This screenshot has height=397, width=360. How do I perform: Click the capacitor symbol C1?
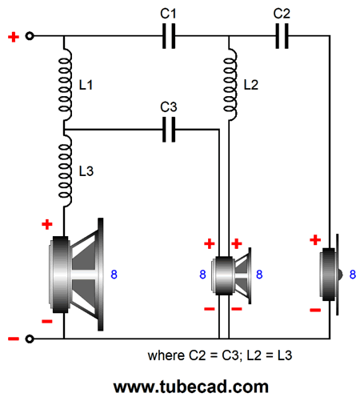[169, 36]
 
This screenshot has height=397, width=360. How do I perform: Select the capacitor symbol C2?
[282, 36]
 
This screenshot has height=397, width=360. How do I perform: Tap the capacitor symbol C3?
[169, 130]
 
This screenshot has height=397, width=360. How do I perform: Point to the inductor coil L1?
[65, 84]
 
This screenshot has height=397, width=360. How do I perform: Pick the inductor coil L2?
[230, 84]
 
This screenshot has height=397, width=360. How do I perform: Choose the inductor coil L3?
[65, 170]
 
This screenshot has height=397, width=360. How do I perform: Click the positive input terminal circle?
[30, 36]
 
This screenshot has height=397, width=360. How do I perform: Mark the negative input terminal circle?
[30, 339]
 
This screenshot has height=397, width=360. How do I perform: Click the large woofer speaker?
[76, 275]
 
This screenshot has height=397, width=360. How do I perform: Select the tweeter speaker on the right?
[330, 275]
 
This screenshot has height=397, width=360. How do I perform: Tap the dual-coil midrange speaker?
[231, 275]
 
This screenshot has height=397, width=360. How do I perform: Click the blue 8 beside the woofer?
[114, 275]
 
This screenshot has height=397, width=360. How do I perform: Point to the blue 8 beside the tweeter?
[353, 275]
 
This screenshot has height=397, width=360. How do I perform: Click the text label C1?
[168, 14]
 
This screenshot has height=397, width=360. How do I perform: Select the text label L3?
[86, 171]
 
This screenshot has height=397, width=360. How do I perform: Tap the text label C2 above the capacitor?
[282, 14]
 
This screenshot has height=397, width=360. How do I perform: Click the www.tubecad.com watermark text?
[190, 387]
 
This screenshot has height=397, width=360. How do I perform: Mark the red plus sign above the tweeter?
[315, 240]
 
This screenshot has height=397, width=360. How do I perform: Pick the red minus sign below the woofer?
[47, 322]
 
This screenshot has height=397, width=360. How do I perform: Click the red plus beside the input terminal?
[14, 37]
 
